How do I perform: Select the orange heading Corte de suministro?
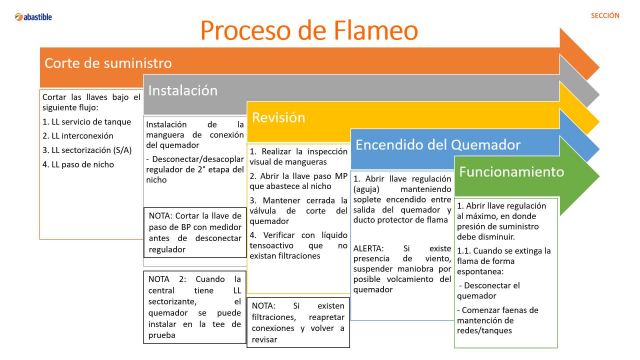pyautogui.click(x=100, y=63)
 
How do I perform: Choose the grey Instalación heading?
pyautogui.click(x=183, y=90)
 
